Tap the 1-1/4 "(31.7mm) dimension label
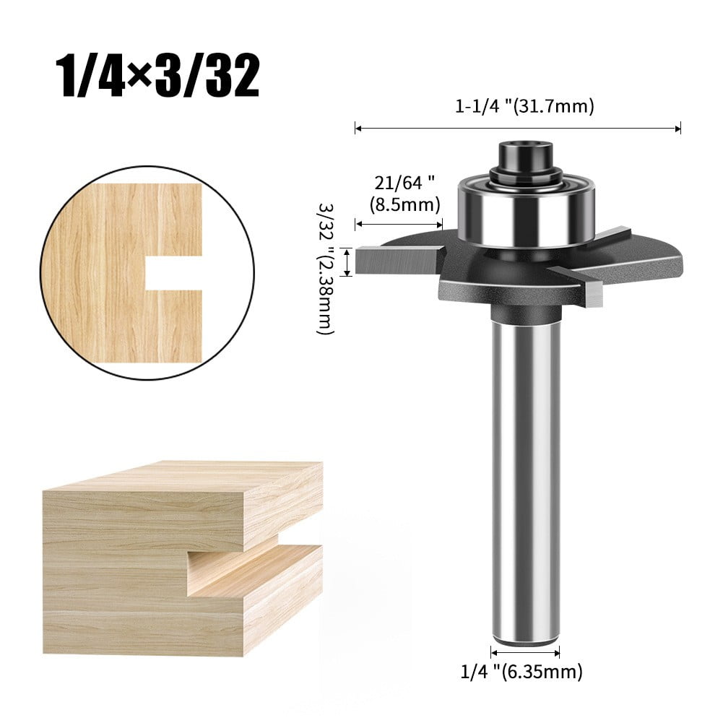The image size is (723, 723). [524, 107]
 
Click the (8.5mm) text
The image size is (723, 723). [404, 204]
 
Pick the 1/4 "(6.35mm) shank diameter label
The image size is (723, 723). [521, 672]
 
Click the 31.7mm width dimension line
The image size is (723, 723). [518, 129]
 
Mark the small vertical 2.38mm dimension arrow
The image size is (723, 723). [347, 261]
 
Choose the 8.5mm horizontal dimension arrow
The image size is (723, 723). [398, 224]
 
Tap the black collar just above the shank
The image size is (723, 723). [525, 314]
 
